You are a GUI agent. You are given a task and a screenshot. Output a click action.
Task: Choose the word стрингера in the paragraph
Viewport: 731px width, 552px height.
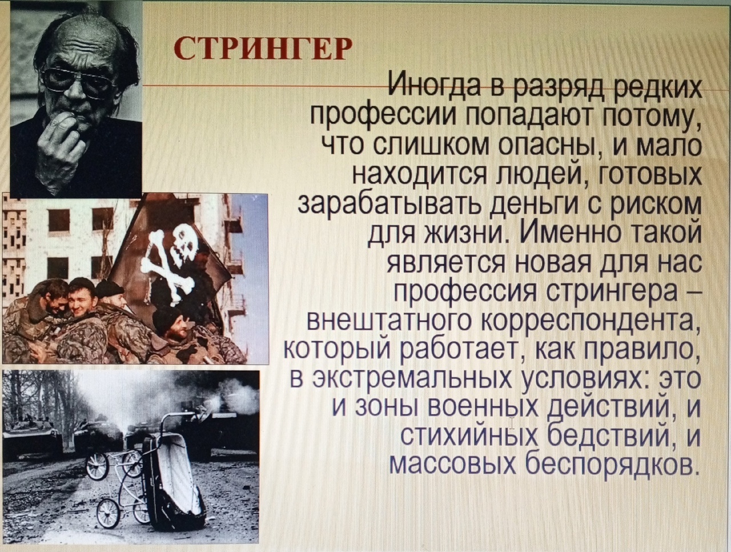618,295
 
